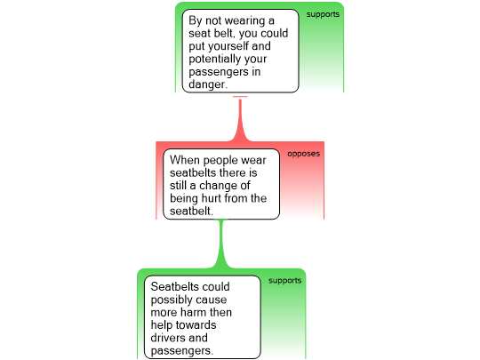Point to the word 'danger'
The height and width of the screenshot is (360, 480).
207,84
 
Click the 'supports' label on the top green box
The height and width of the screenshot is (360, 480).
323,15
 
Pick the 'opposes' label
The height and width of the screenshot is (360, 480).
303,154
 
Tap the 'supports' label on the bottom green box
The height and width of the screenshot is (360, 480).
284,281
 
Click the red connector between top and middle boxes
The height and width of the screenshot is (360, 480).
240,120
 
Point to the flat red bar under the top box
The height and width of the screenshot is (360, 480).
240,97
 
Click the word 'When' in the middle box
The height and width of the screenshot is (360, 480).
185,160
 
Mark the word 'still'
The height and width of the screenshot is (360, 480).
178,186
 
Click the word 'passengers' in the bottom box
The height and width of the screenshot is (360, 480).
182,351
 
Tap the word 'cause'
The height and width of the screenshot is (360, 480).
211,300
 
